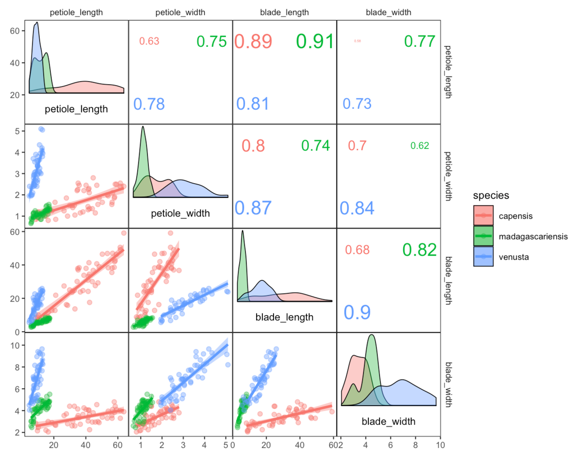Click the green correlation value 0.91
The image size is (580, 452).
[315, 42]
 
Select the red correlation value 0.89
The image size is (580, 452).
[253, 42]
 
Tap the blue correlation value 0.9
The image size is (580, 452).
[357, 312]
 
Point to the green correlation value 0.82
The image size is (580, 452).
[419, 249]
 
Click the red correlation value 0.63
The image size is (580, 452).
[149, 42]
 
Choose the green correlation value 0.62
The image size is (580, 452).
[420, 146]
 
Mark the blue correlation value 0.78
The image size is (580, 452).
[149, 103]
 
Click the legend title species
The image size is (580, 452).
[491, 196]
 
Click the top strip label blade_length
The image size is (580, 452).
[285, 13]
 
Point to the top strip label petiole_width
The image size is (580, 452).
[180, 13]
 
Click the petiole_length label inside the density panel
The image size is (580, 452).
[76, 109]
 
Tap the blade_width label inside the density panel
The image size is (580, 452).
[388, 421]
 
